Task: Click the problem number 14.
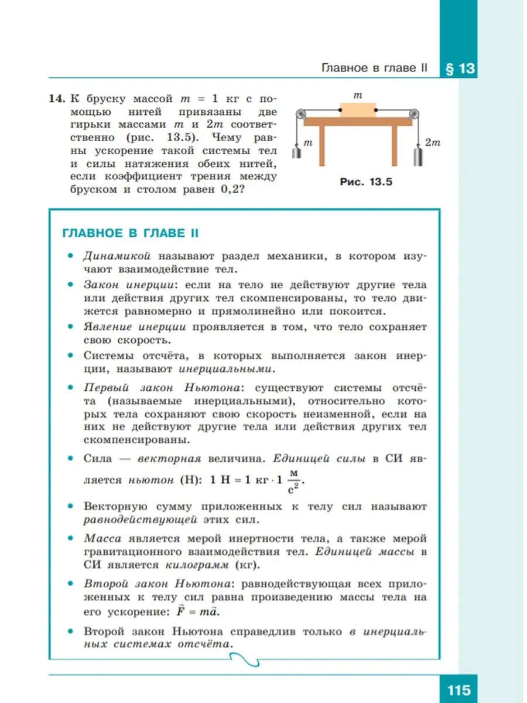pyautogui.click(x=56, y=98)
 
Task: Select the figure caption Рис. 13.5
pyautogui.click(x=366, y=182)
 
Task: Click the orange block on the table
pyautogui.click(x=357, y=110)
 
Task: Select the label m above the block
pyautogui.click(x=358, y=94)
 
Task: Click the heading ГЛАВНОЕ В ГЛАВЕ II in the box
pyautogui.click(x=130, y=233)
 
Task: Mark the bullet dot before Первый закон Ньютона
pyautogui.click(x=70, y=388)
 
